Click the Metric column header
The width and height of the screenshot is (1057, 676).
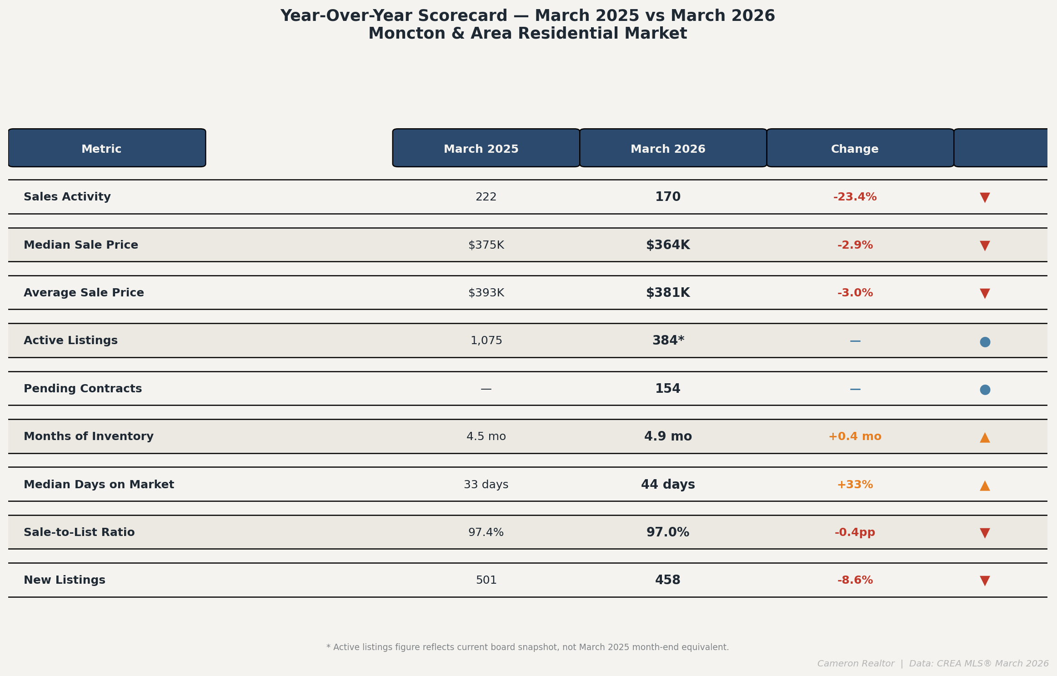click(x=101, y=149)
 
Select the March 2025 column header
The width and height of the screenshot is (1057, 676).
click(x=481, y=149)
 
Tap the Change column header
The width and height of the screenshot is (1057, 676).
click(x=855, y=149)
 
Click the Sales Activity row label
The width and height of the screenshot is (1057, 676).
click(x=67, y=197)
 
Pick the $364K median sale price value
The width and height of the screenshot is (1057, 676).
click(x=668, y=245)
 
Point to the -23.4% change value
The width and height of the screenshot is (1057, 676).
click(x=855, y=197)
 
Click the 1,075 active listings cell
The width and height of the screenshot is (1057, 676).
click(x=486, y=341)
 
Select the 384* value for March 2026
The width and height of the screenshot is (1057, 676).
click(x=668, y=341)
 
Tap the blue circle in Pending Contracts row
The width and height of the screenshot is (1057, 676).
click(x=985, y=390)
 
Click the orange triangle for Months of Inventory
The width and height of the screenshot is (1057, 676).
click(x=985, y=437)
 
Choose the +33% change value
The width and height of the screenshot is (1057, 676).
click(x=855, y=485)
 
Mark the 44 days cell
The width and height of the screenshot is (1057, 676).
click(x=668, y=485)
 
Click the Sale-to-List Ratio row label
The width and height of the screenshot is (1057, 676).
click(x=79, y=532)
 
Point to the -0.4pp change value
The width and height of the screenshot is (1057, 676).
click(x=855, y=533)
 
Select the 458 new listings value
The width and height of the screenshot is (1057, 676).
click(x=668, y=581)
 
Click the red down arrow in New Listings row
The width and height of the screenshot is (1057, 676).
click(x=985, y=581)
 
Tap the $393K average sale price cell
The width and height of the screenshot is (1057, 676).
click(x=486, y=293)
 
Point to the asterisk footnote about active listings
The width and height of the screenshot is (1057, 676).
click(x=527, y=647)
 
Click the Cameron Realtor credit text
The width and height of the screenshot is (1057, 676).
click(x=856, y=664)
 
